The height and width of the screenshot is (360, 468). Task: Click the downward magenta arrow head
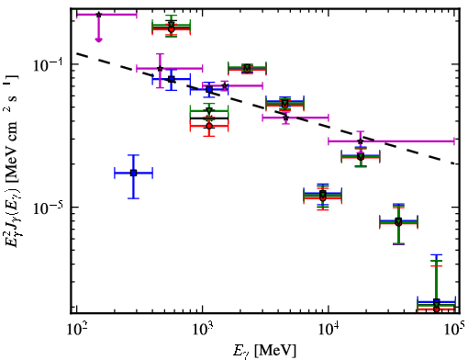[98, 39]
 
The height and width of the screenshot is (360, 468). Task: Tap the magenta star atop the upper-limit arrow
[98, 15]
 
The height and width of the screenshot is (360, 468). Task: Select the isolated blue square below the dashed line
[133, 173]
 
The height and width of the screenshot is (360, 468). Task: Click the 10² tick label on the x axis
[76, 330]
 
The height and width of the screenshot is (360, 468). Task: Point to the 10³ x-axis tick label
[203, 330]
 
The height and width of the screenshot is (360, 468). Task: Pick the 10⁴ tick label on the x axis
[329, 330]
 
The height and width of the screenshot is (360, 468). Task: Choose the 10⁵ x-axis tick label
[455, 330]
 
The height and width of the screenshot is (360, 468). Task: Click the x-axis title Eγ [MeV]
[264, 352]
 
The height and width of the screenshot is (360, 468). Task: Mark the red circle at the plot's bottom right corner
[437, 309]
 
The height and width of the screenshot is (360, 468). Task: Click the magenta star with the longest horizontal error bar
[361, 141]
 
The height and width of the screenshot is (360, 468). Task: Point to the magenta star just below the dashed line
[285, 118]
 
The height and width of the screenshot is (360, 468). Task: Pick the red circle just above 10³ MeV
[209, 126]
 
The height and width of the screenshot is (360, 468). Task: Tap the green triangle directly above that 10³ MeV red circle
[209, 111]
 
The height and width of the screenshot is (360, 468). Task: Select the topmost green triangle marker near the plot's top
[172, 25]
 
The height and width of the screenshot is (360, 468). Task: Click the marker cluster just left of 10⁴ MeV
[322, 196]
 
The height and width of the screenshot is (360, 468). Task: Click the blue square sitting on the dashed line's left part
[172, 79]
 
